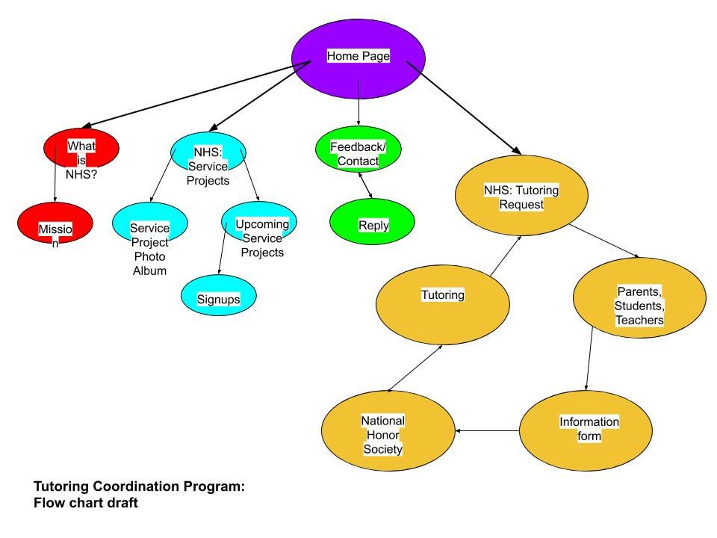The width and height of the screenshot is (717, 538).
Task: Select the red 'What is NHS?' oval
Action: [x=81, y=153]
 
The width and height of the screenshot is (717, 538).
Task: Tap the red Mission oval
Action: [x=55, y=226]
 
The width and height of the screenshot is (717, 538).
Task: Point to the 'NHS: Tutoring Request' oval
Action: [x=521, y=194]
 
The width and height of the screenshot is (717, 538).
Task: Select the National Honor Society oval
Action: [x=388, y=433]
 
